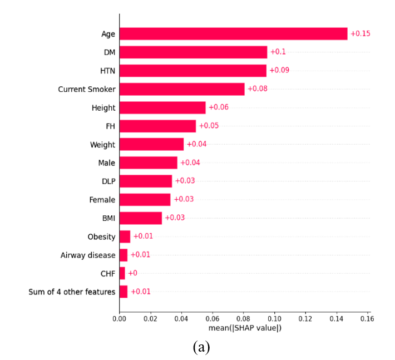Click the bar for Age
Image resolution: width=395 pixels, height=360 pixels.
tap(234, 34)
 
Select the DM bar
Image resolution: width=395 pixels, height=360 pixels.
tap(194, 52)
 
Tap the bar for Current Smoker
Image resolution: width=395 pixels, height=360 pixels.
tap(182, 89)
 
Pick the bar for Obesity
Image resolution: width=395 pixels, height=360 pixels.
tap(125, 236)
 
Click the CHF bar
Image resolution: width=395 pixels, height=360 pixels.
tap(122, 273)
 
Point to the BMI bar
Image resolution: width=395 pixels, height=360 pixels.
tap(141, 218)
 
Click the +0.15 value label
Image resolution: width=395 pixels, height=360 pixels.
tap(361, 34)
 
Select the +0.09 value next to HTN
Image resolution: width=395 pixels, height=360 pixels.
tap(279, 70)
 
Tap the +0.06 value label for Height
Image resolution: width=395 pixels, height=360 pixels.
tap(219, 107)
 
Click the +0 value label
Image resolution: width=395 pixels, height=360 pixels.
tap(133, 273)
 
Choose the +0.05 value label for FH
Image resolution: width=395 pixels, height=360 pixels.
tap(209, 125)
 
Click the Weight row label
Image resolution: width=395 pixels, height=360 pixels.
tap(102, 145)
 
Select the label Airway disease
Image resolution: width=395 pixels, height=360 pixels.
tap(88, 255)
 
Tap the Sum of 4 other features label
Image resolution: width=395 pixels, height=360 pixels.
tap(72, 292)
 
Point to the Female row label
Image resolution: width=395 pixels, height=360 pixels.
tap(102, 200)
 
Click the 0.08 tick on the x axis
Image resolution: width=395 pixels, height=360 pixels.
tap(243, 319)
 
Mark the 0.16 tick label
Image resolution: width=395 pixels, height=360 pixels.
tap(367, 319)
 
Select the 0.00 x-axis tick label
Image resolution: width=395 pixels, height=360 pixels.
tap(119, 319)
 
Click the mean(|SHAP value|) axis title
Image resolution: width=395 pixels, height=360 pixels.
tap(245, 328)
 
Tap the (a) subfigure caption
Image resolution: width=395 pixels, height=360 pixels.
tap(201, 347)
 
